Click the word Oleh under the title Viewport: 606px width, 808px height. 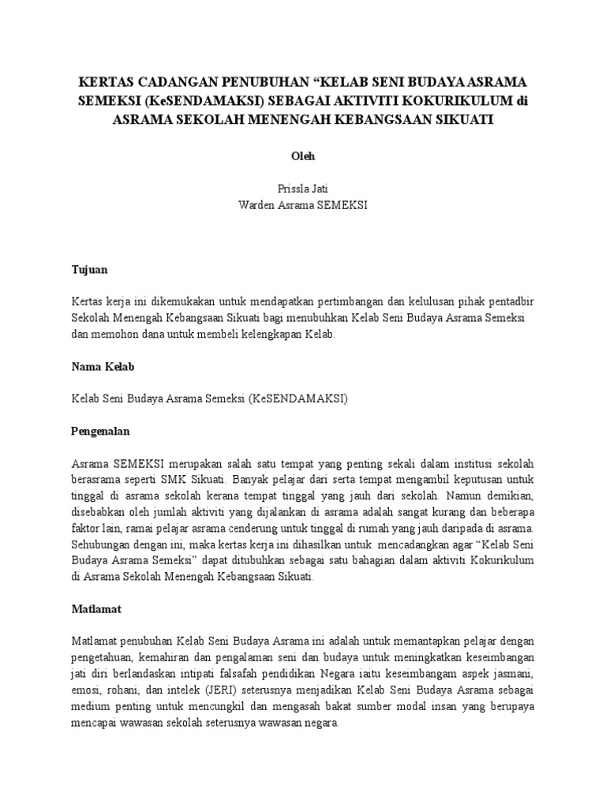pos(303,156)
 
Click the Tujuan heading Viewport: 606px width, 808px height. pos(89,269)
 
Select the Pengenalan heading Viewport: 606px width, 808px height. pos(100,432)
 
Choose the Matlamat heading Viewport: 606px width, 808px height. pos(96,609)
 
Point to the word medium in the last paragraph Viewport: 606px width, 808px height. pos(90,707)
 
